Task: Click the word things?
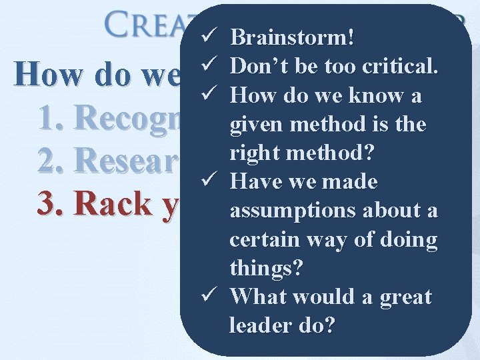coord(266,267)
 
